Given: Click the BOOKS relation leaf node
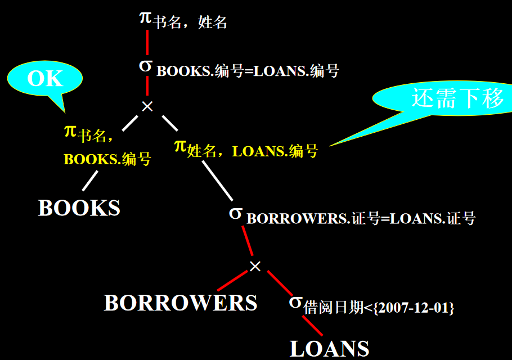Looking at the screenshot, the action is tap(79, 208).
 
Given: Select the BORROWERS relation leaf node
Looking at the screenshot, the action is tap(181, 303).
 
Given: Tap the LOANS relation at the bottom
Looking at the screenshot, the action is tap(329, 348).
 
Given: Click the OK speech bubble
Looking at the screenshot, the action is tap(45, 79).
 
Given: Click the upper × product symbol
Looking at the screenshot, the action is tap(147, 106).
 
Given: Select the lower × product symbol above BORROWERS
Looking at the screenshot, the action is tap(255, 266).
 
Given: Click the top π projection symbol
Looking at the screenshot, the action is tap(145, 17).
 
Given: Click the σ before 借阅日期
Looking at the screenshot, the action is tap(295, 301).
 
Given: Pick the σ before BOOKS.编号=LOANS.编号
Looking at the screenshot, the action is tap(145, 65).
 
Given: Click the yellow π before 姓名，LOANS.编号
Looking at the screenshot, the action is tap(180, 146).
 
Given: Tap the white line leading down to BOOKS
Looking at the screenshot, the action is tap(90, 181).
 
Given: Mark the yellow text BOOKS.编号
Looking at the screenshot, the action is tap(107, 159).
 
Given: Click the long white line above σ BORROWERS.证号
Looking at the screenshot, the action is tap(217, 180).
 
